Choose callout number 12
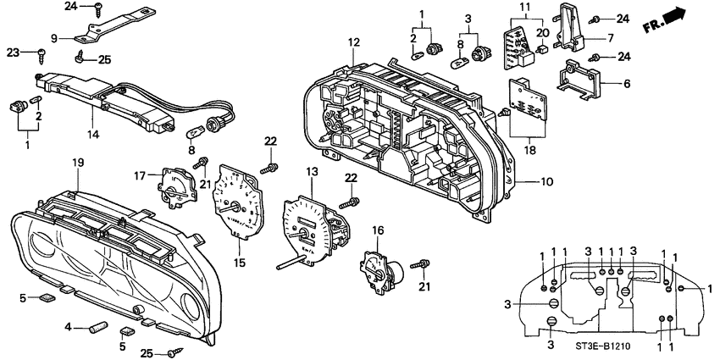353,42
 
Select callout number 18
531,150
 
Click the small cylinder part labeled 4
95,324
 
